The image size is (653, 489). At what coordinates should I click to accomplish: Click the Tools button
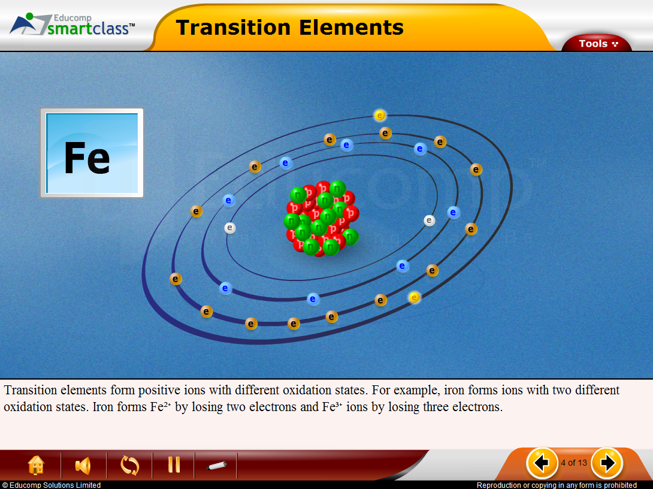click(597, 43)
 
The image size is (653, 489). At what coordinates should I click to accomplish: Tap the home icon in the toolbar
click(36, 465)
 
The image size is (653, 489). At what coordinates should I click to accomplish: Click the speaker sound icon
click(83, 465)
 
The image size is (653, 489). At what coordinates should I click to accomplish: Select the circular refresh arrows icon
click(129, 465)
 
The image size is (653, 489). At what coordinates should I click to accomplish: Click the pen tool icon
click(216, 465)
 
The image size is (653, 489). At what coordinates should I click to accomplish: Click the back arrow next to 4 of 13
click(542, 463)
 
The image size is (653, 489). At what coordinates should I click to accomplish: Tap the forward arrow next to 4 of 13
click(607, 463)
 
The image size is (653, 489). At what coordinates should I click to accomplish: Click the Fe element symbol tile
click(92, 153)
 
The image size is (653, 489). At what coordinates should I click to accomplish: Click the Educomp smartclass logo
click(72, 25)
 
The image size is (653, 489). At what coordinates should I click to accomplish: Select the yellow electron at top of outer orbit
click(379, 115)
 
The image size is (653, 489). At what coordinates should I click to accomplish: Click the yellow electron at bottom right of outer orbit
click(414, 297)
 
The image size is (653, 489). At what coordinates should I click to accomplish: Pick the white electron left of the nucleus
click(230, 228)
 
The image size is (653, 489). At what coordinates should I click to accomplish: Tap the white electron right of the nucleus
click(430, 221)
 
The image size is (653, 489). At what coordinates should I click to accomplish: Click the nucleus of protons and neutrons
click(322, 218)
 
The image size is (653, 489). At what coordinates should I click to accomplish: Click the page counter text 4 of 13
click(574, 463)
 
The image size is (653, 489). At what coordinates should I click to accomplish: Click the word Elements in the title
click(351, 28)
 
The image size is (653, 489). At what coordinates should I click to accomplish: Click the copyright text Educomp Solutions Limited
click(51, 485)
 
